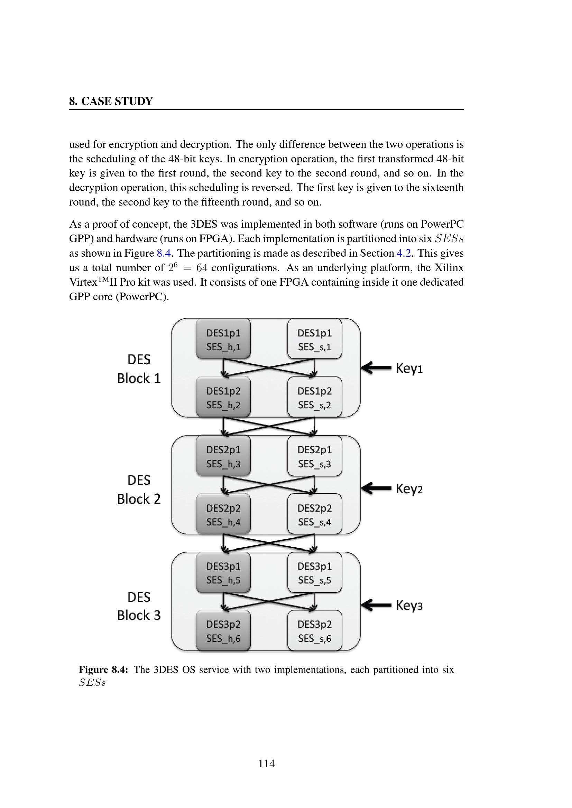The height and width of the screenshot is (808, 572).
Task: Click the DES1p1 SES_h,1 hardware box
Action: (223, 339)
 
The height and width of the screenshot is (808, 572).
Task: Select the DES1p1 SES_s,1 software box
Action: (314, 339)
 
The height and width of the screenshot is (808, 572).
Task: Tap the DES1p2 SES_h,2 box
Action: (223, 397)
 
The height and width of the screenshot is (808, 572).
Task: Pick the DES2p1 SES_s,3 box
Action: (314, 456)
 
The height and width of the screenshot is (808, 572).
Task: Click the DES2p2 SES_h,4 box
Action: (223, 514)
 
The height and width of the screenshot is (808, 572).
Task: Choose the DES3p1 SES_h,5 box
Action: (223, 572)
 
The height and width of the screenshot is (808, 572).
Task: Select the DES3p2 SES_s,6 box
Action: (314, 631)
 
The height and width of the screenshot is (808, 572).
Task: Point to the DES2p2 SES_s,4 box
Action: (314, 514)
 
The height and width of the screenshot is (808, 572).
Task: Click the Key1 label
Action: (409, 368)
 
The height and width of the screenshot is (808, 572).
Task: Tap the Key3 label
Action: (409, 605)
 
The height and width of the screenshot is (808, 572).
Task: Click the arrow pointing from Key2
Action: (376, 488)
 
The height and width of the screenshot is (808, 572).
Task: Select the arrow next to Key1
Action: (376, 368)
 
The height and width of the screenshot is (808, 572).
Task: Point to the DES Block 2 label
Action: (139, 489)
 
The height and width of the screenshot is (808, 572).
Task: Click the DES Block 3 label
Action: (139, 606)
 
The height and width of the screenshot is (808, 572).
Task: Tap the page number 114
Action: (267, 763)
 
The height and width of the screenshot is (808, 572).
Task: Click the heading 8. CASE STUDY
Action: (111, 101)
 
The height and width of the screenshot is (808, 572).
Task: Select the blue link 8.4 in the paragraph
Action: (164, 253)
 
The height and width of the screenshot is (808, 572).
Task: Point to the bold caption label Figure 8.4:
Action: (103, 669)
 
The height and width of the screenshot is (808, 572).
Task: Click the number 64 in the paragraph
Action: (202, 268)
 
